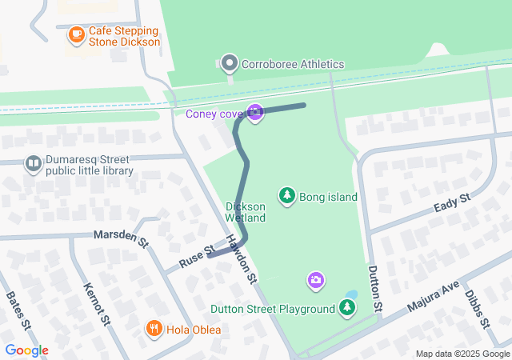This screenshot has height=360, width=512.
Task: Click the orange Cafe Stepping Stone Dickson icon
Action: click(x=76, y=34)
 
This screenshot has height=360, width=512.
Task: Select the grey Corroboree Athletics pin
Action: click(x=230, y=62)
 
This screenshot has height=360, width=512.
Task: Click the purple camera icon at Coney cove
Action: click(x=255, y=113)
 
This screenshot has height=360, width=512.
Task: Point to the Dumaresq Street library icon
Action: click(x=34, y=164)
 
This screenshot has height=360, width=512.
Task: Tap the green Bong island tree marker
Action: click(x=286, y=195)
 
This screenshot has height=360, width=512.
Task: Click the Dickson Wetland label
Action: click(x=245, y=211)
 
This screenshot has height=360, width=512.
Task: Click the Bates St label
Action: click(x=18, y=312)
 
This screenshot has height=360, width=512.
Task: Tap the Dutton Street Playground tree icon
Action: click(x=346, y=307)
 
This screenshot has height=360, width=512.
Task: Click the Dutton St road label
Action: click(x=374, y=287)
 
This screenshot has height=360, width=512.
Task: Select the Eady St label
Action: click(x=451, y=202)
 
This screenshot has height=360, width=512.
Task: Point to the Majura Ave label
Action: click(x=430, y=295)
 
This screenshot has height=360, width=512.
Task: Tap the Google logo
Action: click(x=26, y=350)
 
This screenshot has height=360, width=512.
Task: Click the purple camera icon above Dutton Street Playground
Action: click(x=316, y=279)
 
